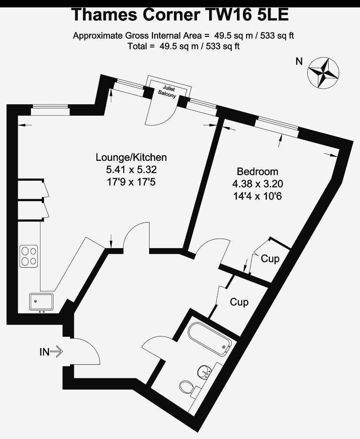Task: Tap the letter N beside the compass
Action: coord(299,61)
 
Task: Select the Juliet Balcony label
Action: coord(167,92)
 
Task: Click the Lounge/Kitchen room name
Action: coord(131,157)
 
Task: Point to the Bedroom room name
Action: coord(257,171)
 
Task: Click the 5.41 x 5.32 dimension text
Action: coord(131,170)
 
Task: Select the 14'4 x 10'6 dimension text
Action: coord(257,196)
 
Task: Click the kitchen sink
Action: coord(41,303)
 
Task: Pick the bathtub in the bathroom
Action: coord(210,339)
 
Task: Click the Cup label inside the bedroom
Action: coord(270,259)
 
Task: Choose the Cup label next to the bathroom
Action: coord(239,303)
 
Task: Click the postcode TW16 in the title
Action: coord(229,15)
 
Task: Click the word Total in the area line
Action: coord(137,46)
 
